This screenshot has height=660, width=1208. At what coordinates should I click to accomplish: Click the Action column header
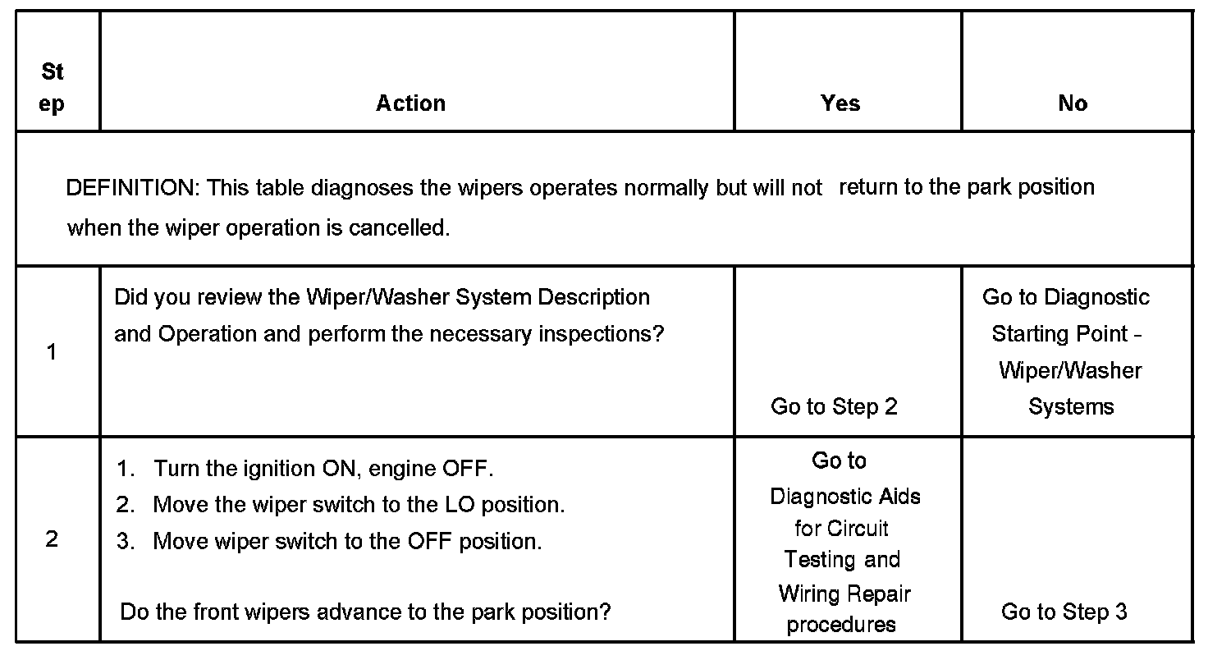[x=410, y=103]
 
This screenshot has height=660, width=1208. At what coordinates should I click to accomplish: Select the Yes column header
[x=840, y=103]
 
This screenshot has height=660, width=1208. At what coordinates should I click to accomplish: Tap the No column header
[x=1073, y=103]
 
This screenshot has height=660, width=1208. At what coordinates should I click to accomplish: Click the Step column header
[x=52, y=88]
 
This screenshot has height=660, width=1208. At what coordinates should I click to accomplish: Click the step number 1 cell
[x=52, y=352]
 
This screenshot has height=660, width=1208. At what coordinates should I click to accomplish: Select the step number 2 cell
[x=52, y=539]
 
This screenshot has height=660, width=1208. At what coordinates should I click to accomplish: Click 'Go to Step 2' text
[x=834, y=406]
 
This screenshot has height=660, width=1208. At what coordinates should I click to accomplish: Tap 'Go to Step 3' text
[x=1064, y=612]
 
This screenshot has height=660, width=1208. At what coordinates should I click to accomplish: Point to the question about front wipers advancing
[x=365, y=612]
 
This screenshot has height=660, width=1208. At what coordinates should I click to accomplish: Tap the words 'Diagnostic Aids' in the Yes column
[x=844, y=497]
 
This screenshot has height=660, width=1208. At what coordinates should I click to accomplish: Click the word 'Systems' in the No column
[x=1071, y=406]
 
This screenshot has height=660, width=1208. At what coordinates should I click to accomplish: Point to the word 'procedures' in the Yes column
[x=840, y=625]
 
